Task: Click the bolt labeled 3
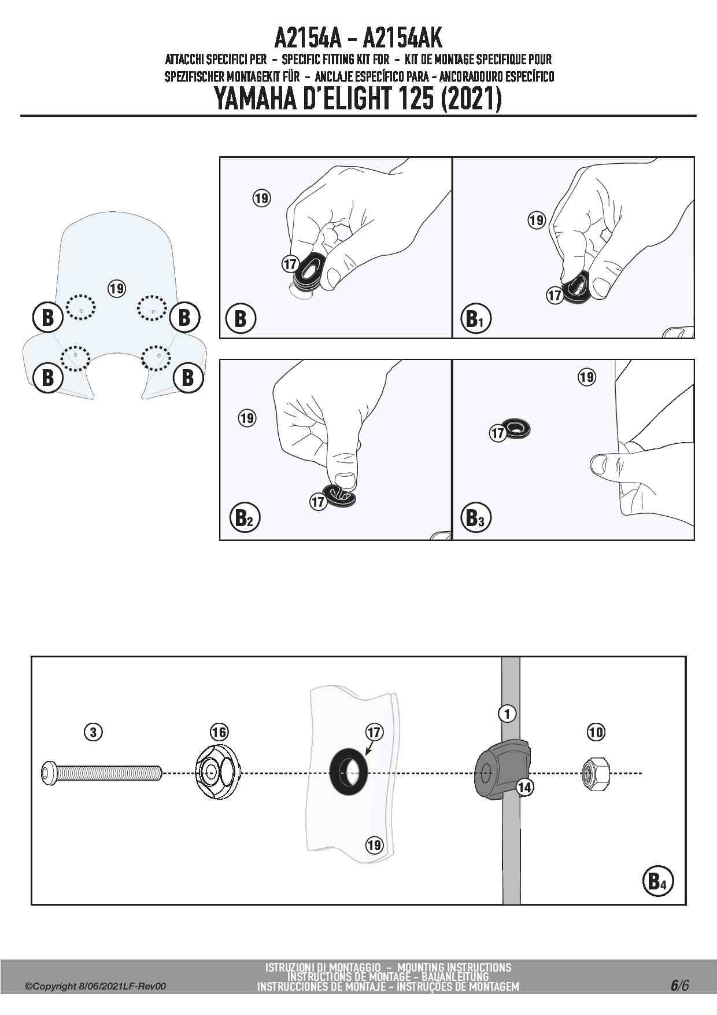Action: (101, 773)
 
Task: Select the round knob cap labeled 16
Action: (217, 772)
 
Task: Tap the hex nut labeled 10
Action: (595, 773)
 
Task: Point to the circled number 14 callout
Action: (524, 787)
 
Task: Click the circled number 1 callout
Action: (507, 714)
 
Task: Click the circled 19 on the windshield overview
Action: (117, 288)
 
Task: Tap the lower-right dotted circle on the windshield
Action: (156, 357)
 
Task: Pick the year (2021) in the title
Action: (471, 100)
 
